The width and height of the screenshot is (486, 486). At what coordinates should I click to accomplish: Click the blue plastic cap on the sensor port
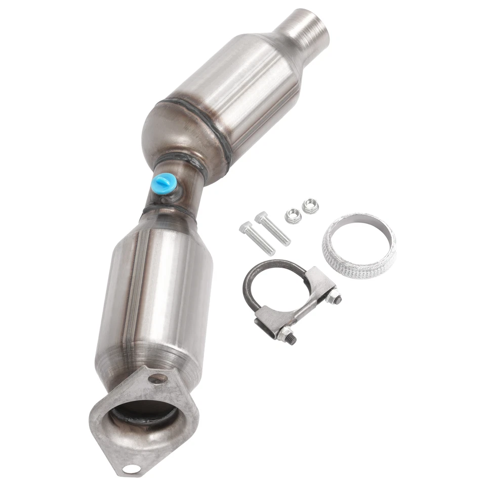[164, 181]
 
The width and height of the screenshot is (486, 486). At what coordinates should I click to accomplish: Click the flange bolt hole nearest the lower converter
[158, 378]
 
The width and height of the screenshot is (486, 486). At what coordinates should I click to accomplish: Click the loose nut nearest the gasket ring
[308, 206]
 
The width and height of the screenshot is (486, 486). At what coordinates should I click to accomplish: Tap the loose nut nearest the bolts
[292, 216]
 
